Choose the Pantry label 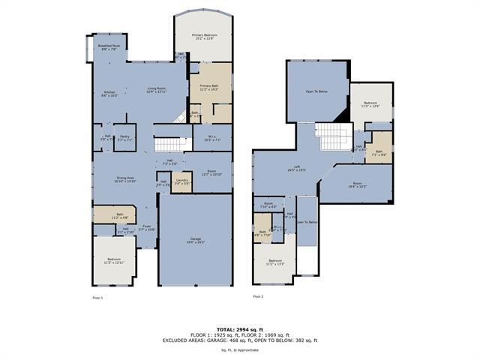pyautogui.click(x=125, y=138)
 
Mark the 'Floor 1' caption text pyautogui.click(x=98, y=297)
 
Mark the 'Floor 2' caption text pyautogui.click(x=258, y=297)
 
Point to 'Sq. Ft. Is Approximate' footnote pyautogui.click(x=240, y=350)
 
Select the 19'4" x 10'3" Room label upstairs pyautogui.click(x=357, y=184)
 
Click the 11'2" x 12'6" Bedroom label pyautogui.click(x=371, y=104)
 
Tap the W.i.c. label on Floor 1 pyautogui.click(x=212, y=138)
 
